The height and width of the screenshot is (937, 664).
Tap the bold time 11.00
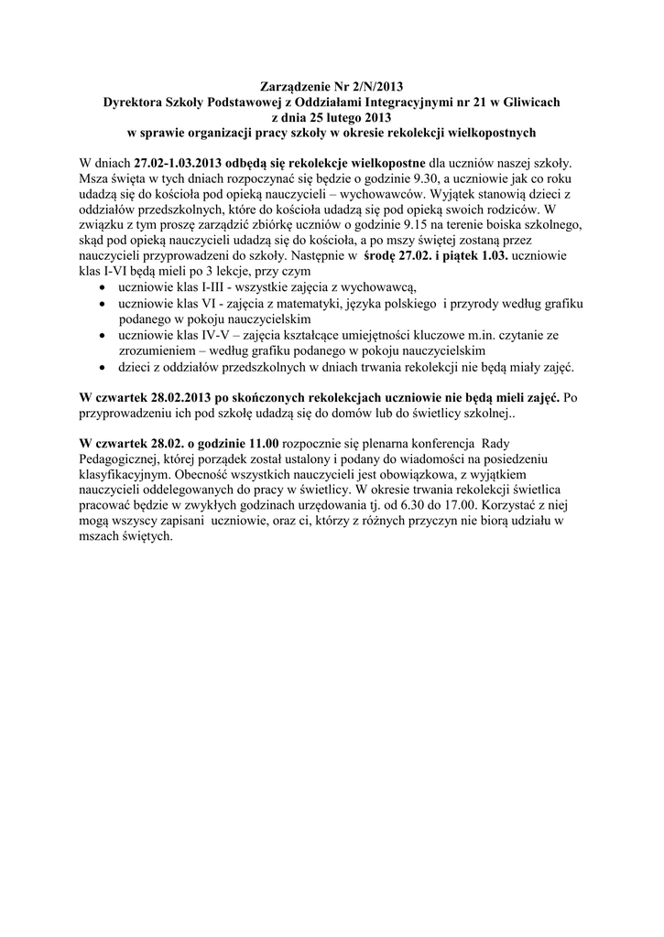point(259,444)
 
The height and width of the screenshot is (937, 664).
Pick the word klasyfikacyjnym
point(123,476)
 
